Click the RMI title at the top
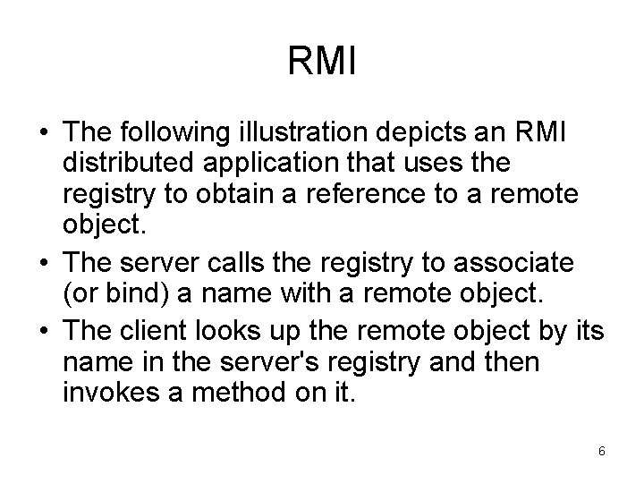pos(322,63)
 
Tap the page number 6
pos(602,452)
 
